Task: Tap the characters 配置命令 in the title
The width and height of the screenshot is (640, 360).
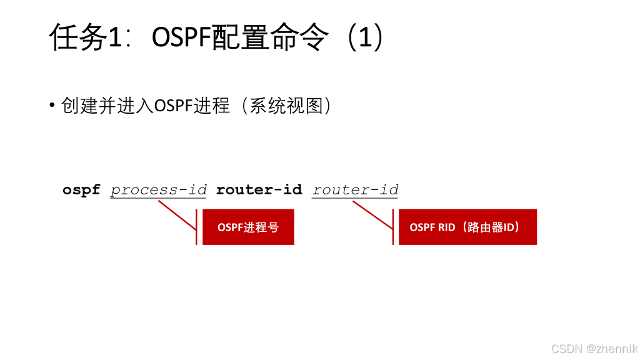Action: click(x=270, y=37)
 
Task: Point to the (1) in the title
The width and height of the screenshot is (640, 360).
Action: click(x=365, y=37)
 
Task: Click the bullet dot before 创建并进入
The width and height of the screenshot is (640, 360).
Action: click(x=52, y=105)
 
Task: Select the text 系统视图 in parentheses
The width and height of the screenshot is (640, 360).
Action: click(x=286, y=106)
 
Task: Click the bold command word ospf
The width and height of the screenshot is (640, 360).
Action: click(x=81, y=190)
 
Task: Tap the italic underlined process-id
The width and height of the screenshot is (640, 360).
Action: click(x=158, y=190)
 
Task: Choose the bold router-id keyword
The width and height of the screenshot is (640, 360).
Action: click(x=259, y=189)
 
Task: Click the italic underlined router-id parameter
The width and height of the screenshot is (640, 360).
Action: click(x=355, y=190)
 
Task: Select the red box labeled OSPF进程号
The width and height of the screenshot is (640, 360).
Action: click(x=248, y=227)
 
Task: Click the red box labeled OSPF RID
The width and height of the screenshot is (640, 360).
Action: click(x=467, y=227)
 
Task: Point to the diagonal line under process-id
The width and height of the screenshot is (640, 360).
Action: click(x=177, y=216)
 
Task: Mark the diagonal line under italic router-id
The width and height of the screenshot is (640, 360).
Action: click(x=372, y=215)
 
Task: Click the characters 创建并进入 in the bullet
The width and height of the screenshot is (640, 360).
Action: click(x=107, y=106)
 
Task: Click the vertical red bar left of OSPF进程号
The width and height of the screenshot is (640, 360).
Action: click(x=196, y=227)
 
